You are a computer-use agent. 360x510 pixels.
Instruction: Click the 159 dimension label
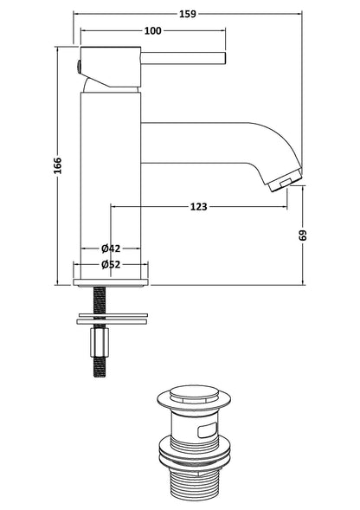(188, 14)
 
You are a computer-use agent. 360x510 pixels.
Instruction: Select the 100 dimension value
(152, 30)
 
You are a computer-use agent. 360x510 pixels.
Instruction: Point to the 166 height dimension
(58, 165)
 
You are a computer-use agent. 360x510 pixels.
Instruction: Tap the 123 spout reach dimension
(198, 207)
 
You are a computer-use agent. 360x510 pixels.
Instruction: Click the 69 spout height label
(302, 236)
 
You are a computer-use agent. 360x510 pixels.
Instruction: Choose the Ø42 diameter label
(111, 249)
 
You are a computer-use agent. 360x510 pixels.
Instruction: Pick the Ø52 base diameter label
(111, 264)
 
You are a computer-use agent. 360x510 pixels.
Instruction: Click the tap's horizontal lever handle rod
(183, 58)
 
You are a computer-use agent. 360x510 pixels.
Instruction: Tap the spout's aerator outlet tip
(285, 180)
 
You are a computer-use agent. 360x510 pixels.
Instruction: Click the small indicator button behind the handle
(78, 67)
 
